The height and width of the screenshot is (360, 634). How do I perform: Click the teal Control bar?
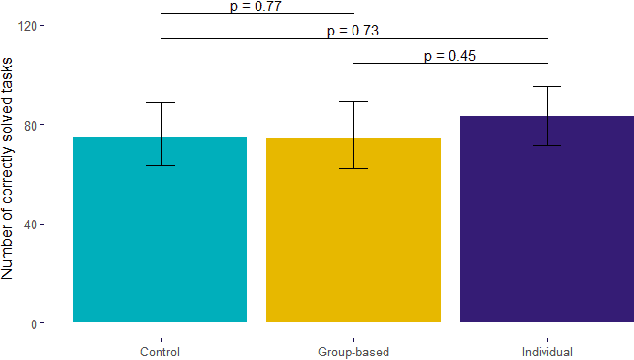(160, 240)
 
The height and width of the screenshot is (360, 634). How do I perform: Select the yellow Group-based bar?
(353, 240)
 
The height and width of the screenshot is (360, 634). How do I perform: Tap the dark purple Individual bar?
(547, 230)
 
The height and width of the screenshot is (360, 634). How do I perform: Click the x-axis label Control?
(160, 352)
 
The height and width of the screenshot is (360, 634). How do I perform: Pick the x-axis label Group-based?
(353, 352)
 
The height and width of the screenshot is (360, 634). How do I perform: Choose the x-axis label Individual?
(547, 352)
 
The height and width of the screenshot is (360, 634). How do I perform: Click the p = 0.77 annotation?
(256, 7)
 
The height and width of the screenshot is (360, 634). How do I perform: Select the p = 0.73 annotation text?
(353, 31)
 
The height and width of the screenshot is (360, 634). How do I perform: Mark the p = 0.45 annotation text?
(450, 56)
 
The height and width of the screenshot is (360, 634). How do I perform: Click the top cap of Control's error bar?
(160, 102)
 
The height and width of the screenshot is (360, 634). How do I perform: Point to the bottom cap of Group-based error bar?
(353, 168)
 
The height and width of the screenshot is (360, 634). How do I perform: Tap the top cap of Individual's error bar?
(547, 86)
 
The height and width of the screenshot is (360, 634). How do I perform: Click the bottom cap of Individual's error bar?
(547, 146)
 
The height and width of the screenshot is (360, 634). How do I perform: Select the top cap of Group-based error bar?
(353, 101)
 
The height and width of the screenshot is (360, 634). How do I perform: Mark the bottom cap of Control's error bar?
(160, 165)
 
